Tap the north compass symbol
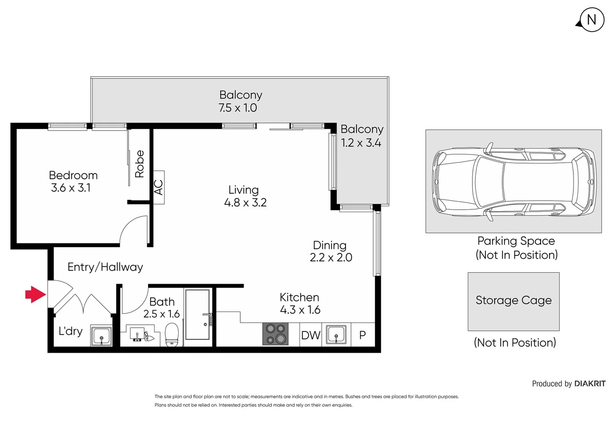pyautogui.click(x=591, y=20)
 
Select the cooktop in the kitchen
pyautogui.click(x=275, y=334)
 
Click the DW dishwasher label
pyautogui.click(x=310, y=335)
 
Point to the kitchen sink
pyautogui.click(x=336, y=335)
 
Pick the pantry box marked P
pyautogui.click(x=362, y=335)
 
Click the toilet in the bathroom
pyautogui.click(x=172, y=334)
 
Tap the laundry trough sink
pyautogui.click(x=101, y=336)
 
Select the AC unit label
pyautogui.click(x=159, y=187)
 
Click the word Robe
pyautogui.click(x=139, y=164)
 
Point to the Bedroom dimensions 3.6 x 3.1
pyautogui.click(x=71, y=188)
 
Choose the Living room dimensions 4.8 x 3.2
pyautogui.click(x=245, y=202)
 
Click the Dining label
pyautogui.click(x=329, y=245)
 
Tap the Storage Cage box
pyautogui.click(x=513, y=301)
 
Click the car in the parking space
pyautogui.click(x=513, y=181)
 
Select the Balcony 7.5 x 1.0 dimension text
pyautogui.click(x=238, y=108)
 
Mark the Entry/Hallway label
pyautogui.click(x=105, y=267)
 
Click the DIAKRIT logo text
pyautogui.click(x=590, y=384)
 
